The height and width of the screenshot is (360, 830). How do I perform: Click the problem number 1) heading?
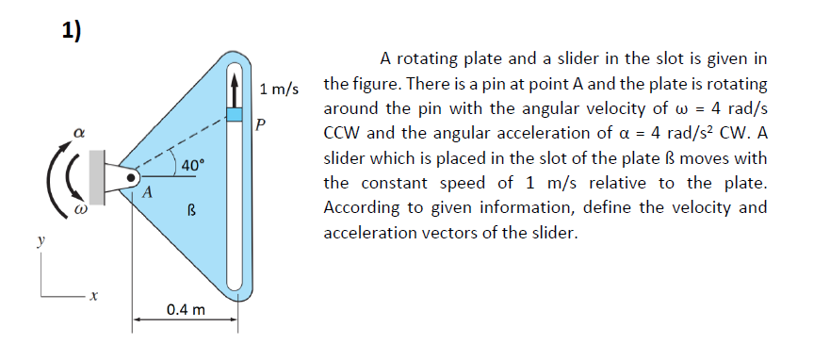tap(72, 31)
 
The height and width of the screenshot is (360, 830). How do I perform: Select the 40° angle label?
tap(192, 166)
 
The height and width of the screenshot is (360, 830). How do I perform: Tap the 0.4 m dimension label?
tap(185, 310)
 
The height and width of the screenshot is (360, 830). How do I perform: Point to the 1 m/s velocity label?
tap(278, 90)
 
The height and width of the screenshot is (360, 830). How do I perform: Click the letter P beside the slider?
tap(261, 123)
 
